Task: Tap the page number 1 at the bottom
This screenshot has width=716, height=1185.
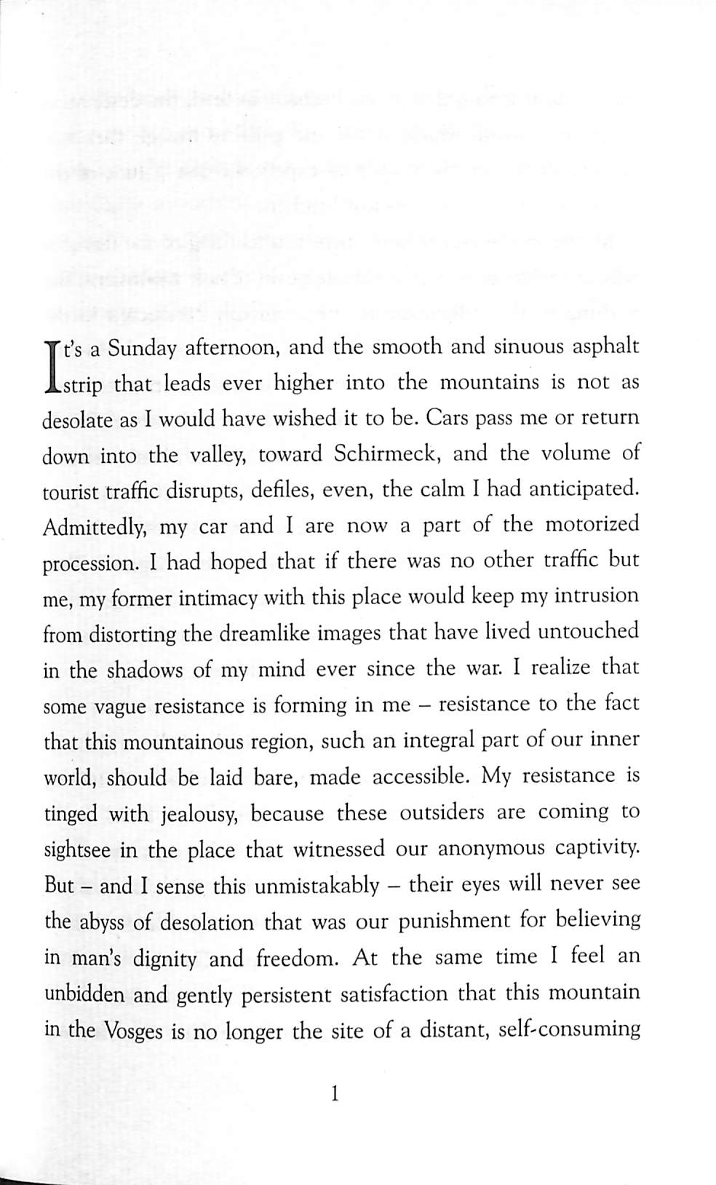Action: point(335,1093)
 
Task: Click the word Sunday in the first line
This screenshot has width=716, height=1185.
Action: point(143,349)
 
